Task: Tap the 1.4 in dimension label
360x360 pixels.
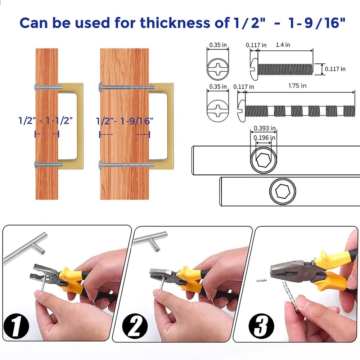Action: tap(283, 45)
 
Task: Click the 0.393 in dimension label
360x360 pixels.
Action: tap(265, 128)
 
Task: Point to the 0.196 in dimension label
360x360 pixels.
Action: tap(265, 138)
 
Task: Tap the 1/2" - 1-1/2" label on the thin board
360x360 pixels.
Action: tap(46, 121)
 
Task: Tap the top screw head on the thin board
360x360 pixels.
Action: tap(36, 86)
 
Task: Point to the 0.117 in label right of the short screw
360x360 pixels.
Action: tap(335, 69)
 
